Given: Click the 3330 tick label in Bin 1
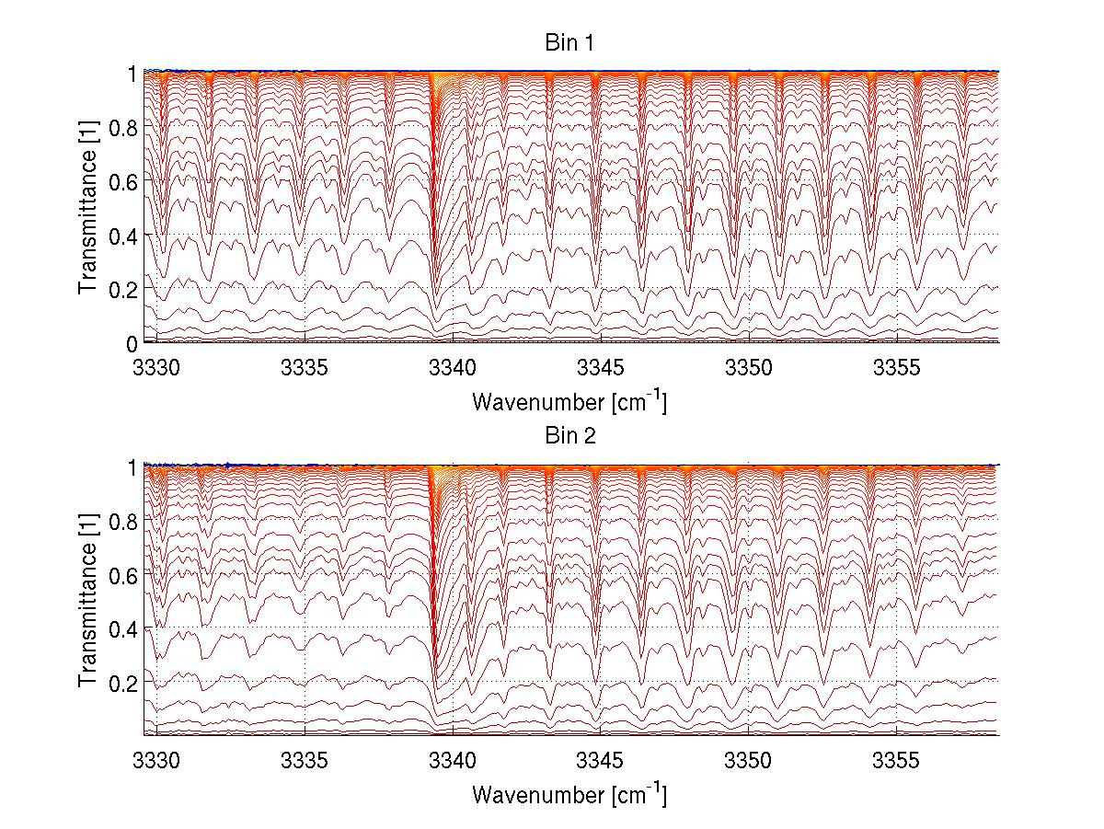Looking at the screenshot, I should [x=157, y=367].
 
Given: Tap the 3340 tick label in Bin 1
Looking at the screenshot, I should [x=454, y=367].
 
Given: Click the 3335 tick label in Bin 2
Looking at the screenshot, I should [x=305, y=760].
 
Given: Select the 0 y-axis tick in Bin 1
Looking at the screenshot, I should [x=132, y=343].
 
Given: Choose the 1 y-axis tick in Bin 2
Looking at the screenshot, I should [x=132, y=466].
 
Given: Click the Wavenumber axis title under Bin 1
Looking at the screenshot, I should [x=569, y=401].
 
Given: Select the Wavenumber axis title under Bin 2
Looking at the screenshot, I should [x=569, y=794].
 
